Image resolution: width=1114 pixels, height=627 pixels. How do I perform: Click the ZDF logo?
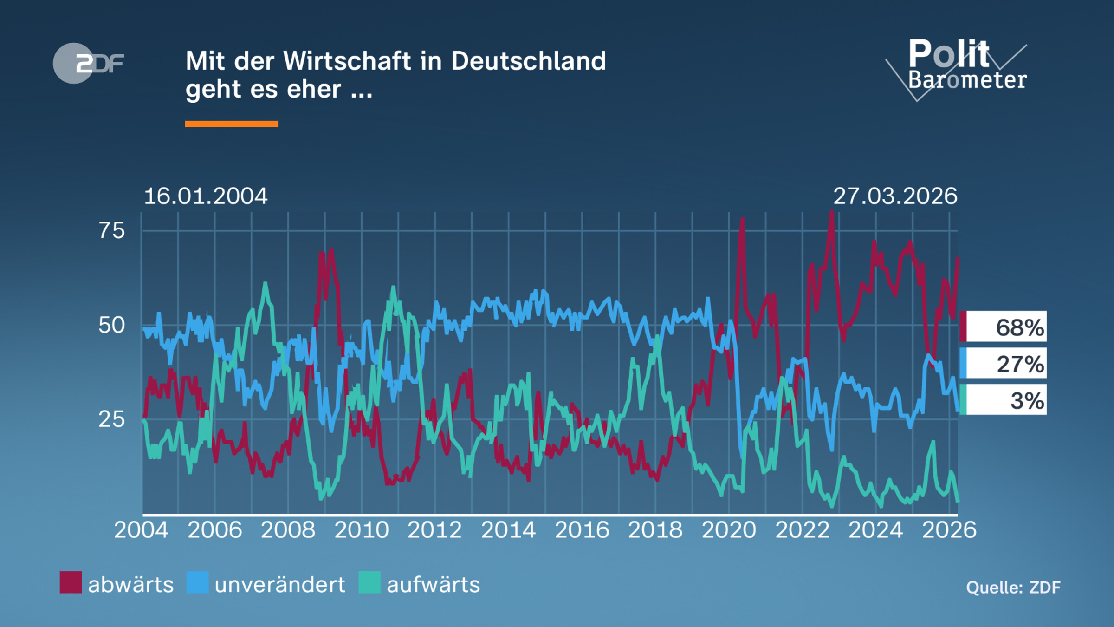pos(88,63)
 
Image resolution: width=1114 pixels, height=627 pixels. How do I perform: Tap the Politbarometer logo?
pos(961,68)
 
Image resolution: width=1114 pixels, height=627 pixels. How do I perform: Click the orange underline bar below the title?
pos(232,124)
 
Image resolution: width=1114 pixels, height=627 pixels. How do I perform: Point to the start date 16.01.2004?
pos(206,196)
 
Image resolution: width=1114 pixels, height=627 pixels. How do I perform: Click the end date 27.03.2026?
pos(895,196)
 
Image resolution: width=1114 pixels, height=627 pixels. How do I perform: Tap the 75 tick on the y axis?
pos(111,231)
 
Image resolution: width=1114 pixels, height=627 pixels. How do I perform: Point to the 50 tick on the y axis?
pos(111,325)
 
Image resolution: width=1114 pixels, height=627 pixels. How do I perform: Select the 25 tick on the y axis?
pos(111,419)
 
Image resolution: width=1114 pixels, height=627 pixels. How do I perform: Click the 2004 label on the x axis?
pos(141,530)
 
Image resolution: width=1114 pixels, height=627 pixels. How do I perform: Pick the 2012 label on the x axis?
pos(434,530)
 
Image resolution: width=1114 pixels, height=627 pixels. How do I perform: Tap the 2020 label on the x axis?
pos(729,530)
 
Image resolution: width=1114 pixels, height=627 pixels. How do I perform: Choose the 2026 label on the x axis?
pos(949,530)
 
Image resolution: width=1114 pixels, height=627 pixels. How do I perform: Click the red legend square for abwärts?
pos(71,582)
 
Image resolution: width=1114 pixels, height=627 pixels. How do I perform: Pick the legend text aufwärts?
pos(433,585)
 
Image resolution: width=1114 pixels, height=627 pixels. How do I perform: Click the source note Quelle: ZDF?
pos(1013,588)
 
